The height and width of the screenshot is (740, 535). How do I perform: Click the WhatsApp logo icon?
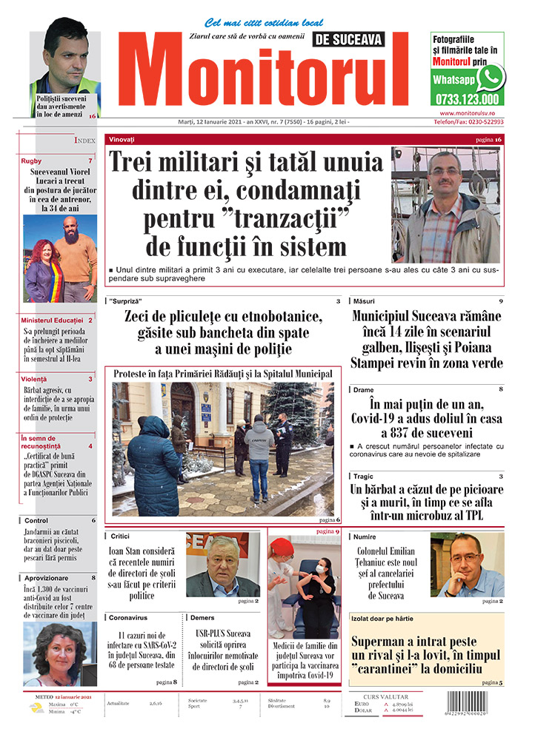tap(490, 77)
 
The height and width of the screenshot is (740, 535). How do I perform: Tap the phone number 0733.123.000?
tap(467, 98)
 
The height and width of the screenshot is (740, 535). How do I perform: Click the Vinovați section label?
tap(122, 139)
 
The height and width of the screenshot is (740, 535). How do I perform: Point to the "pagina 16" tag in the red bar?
tap(488, 140)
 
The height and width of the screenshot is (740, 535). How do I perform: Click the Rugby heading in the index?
tap(32, 161)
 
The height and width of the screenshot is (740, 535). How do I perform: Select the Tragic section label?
tap(363, 477)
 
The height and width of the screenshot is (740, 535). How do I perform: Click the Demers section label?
tap(202, 617)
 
